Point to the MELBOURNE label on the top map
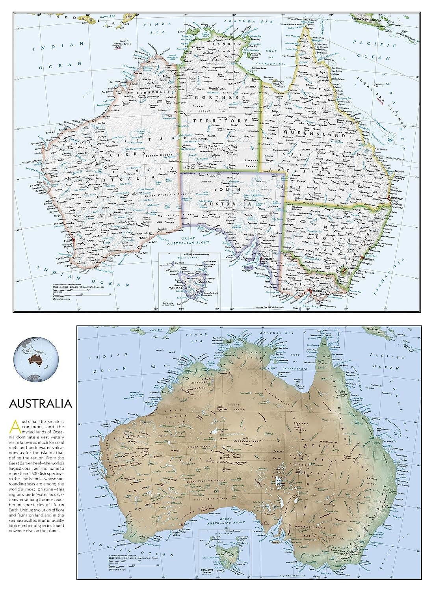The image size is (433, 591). pyautogui.click(x=314, y=293)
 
